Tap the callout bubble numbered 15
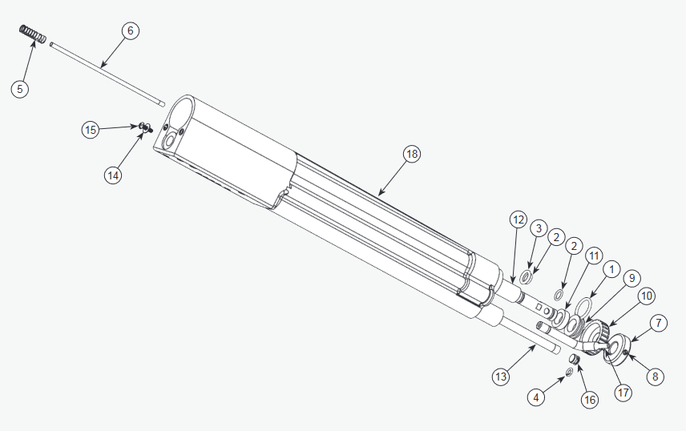point(91,129)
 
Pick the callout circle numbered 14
point(113,175)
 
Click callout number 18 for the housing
point(412,154)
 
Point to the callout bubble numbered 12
point(518,219)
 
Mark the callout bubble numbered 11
point(592,256)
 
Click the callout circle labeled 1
point(611,269)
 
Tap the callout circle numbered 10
point(646,296)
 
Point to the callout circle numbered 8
point(656,374)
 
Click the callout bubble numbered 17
point(622,393)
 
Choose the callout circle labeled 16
point(590,399)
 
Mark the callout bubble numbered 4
point(536,396)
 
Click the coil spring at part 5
point(31,36)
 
